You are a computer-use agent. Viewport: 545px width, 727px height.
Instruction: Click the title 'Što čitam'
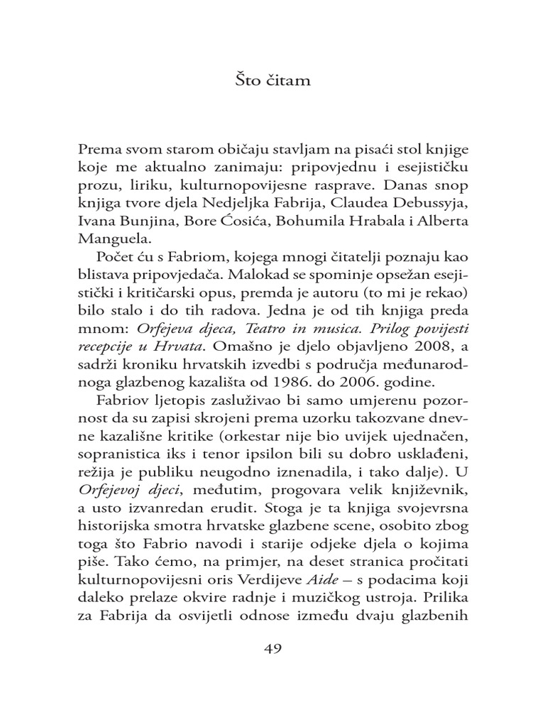pyautogui.click(x=272, y=81)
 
